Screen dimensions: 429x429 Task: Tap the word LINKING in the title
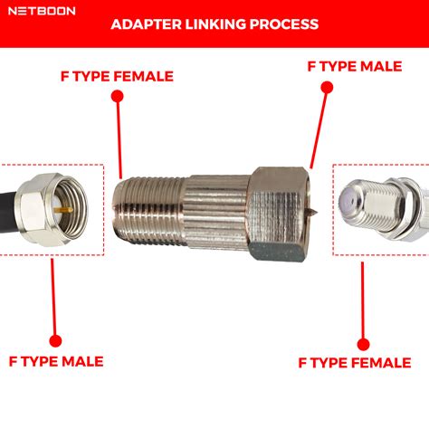click(x=219, y=24)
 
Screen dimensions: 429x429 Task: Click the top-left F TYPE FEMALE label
click(x=118, y=76)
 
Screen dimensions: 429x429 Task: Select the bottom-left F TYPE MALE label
click(x=56, y=362)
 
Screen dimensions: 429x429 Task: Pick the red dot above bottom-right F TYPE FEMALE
click(x=364, y=343)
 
